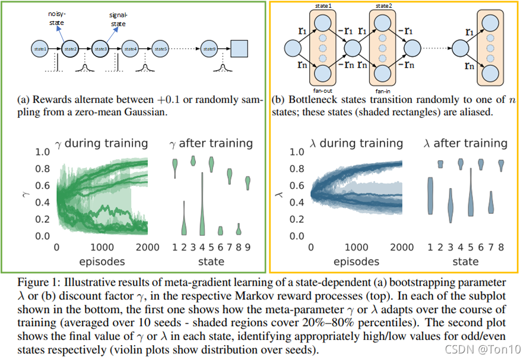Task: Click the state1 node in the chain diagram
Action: tap(40, 47)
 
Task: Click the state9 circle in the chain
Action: tap(208, 47)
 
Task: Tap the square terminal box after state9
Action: tap(239, 47)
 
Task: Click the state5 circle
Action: tap(158, 47)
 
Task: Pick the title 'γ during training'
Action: tap(101, 143)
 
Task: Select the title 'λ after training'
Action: tap(465, 143)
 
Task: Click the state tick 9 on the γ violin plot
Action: tap(248, 247)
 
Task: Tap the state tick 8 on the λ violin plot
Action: tap(501, 247)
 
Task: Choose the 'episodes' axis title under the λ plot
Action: tap(356, 261)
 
